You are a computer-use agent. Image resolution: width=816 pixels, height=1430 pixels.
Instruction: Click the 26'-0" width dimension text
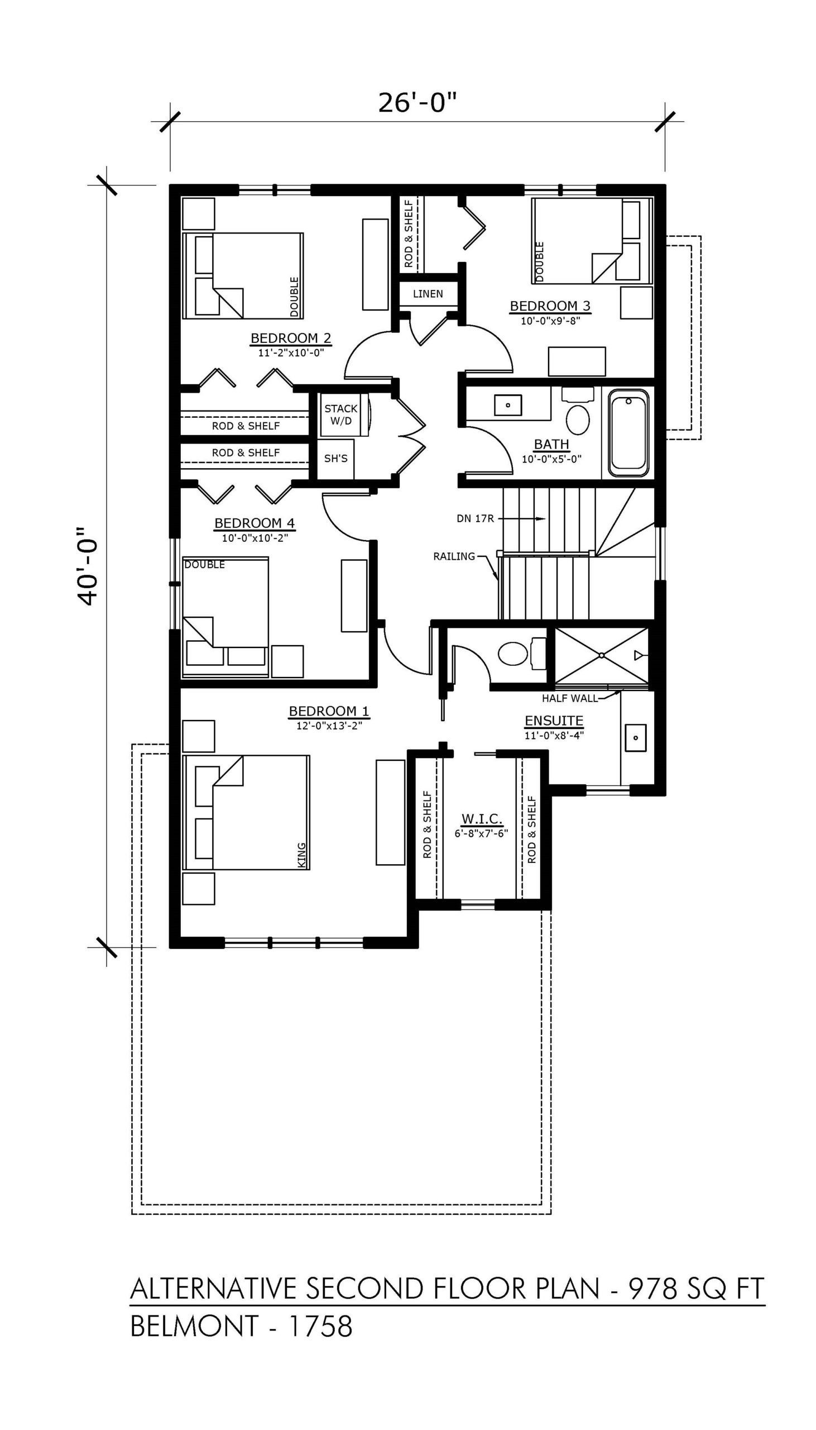tap(417, 103)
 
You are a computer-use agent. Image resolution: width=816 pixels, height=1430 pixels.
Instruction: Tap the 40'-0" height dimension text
tap(88, 566)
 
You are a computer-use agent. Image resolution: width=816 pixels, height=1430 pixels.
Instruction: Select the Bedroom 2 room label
tap(291, 338)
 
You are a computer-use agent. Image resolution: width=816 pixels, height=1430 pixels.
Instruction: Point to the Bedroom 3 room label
tap(550, 306)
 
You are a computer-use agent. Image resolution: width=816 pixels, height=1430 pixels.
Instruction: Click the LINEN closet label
tap(428, 294)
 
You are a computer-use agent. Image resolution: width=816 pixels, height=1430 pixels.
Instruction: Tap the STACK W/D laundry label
tap(341, 414)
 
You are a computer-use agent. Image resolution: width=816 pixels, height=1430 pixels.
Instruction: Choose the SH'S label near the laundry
tap(335, 459)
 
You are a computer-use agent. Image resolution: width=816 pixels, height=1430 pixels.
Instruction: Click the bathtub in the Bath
tap(629, 432)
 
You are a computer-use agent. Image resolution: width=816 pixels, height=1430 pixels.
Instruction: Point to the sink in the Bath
tap(508, 404)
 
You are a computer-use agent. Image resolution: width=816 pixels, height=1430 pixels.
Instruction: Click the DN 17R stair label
tap(475, 519)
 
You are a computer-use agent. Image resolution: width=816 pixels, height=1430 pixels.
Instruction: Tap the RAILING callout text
tap(454, 556)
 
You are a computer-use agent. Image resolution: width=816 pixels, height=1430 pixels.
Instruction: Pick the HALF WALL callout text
tap(569, 699)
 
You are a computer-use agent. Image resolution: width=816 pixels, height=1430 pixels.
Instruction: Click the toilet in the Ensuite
tap(521, 654)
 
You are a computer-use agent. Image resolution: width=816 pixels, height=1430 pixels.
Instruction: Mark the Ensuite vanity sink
tap(636, 737)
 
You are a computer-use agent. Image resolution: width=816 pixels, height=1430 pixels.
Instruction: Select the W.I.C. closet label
tap(482, 819)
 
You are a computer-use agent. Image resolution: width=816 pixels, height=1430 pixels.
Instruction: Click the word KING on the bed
tap(302, 855)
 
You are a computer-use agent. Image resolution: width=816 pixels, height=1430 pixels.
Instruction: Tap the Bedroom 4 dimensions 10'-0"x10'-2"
tap(255, 538)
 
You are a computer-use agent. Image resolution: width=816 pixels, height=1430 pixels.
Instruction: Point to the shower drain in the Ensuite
tap(601, 655)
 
